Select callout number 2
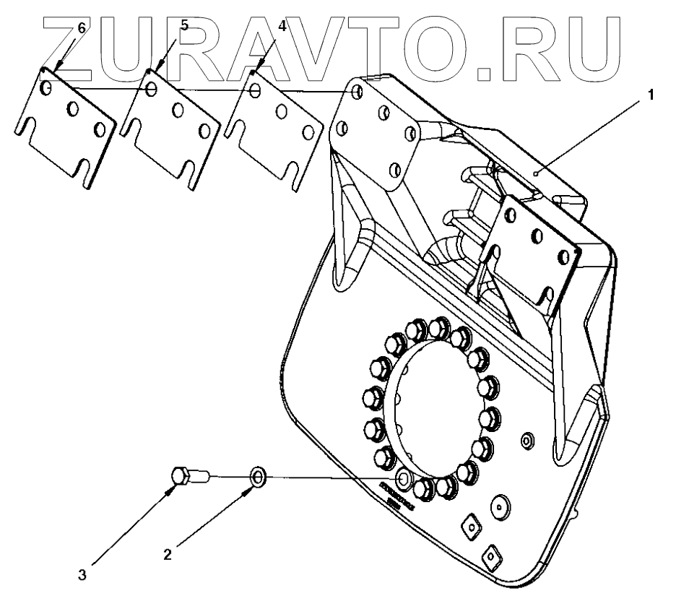(x=168, y=555)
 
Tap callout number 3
(x=83, y=576)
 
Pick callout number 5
(x=184, y=25)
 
